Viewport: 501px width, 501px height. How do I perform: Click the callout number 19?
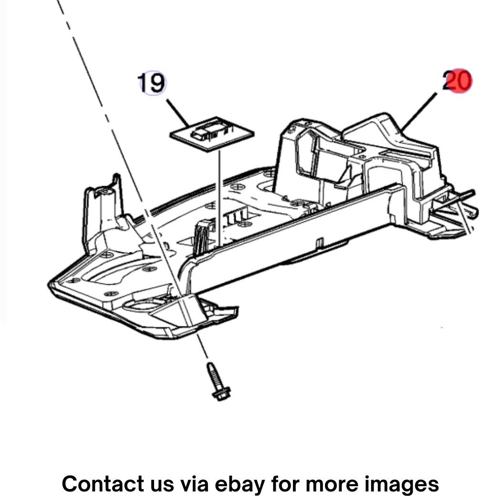152,83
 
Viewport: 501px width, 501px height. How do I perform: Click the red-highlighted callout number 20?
457,81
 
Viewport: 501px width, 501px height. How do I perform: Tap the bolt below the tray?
219,382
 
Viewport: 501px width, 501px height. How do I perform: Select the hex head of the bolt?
221,394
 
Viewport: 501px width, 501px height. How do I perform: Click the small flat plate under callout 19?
212,134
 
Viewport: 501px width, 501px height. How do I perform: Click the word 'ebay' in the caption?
240,484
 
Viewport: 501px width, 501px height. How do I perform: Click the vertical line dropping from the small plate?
219,198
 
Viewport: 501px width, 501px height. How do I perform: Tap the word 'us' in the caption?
162,485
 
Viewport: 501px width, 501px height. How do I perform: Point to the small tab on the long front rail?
320,242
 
